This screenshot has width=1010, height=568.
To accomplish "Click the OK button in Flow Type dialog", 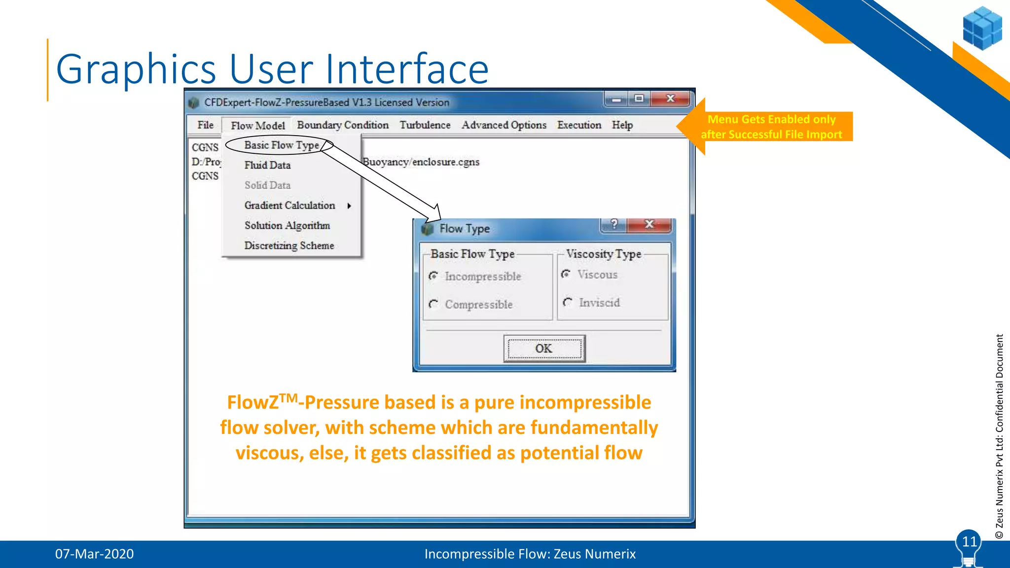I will pos(544,349).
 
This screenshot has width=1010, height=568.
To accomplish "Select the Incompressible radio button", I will pos(433,276).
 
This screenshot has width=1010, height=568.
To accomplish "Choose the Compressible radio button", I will pos(433,304).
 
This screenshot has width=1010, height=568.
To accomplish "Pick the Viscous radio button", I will pos(566,274).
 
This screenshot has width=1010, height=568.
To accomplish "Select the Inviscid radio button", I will pos(568,302).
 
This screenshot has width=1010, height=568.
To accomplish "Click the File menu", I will pos(205,125).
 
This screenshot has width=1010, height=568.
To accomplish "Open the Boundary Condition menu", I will pos(342,125).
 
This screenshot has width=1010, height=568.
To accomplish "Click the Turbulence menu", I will pos(425,125).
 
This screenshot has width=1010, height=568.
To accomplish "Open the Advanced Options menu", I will pos(504,125).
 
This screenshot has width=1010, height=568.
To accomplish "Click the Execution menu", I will pos(579,125).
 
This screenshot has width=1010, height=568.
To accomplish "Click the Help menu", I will pos(622,125).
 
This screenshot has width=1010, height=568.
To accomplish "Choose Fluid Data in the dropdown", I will pos(267,165).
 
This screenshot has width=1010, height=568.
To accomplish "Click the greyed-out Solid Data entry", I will pos(267,185).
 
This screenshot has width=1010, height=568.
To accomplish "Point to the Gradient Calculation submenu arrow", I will pos(349,206).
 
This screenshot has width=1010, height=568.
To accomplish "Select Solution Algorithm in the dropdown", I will pos(287,225).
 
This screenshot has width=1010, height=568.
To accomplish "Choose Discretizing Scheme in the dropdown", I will pos(289,246).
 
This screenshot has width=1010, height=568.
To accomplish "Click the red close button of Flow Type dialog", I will pos(649,224).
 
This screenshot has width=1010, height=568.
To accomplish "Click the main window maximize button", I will pos(639,99).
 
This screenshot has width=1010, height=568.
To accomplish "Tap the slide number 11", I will pos(969,542).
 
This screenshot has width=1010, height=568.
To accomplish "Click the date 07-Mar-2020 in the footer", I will pos(94,554).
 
